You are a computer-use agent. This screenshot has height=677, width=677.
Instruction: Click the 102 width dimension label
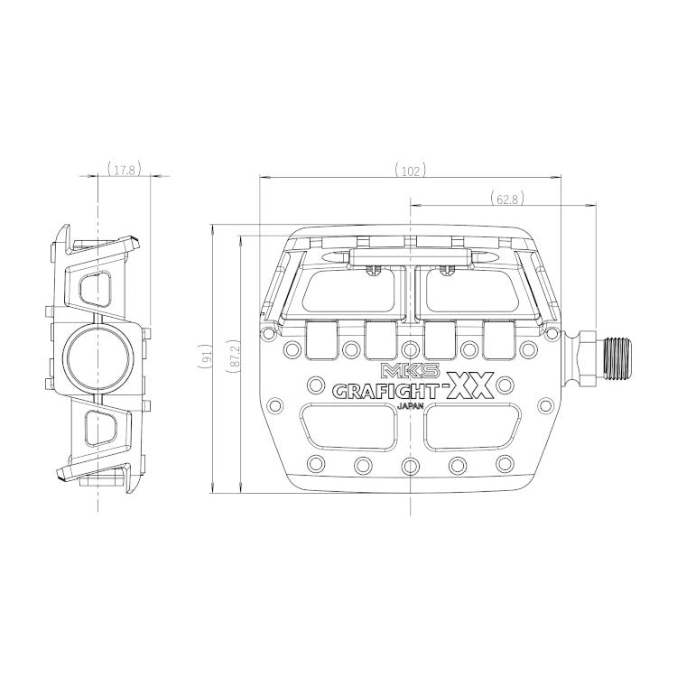point(410,171)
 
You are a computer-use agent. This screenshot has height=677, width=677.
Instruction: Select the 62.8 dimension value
point(507,199)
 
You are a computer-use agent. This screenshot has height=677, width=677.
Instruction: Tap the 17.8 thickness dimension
point(125,169)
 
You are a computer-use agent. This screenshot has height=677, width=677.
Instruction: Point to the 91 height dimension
point(206,356)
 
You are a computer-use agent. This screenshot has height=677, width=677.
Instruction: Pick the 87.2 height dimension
point(234,356)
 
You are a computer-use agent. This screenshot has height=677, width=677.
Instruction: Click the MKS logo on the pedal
point(410,370)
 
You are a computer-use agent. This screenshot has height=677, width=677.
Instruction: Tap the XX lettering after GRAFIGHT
point(470,386)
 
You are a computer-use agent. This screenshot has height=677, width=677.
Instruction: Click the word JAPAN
point(410,405)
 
